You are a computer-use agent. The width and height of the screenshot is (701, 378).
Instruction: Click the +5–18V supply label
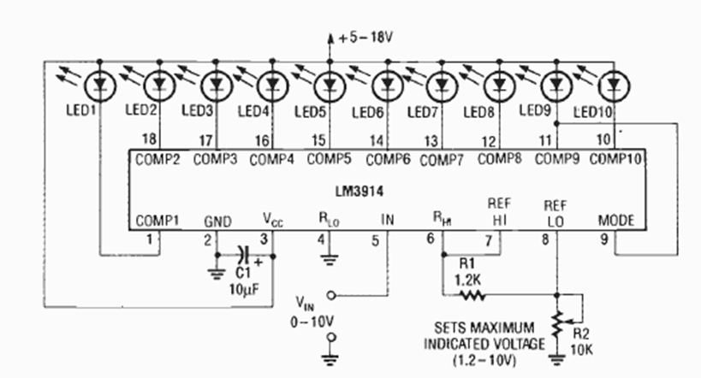pyautogui.click(x=365, y=37)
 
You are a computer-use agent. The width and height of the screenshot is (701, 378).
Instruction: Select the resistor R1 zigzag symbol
pyautogui.click(x=472, y=295)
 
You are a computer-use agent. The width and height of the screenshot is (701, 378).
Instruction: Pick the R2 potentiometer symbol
pyautogui.click(x=557, y=322)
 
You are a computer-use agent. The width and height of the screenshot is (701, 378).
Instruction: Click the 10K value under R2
pyautogui.click(x=582, y=346)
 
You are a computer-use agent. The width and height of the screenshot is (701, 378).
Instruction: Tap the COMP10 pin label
pyautogui.click(x=615, y=159)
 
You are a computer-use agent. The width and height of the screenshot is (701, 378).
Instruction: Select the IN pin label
pyautogui.click(x=387, y=221)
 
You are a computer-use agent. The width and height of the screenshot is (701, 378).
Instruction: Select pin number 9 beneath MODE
pyautogui.click(x=603, y=239)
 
